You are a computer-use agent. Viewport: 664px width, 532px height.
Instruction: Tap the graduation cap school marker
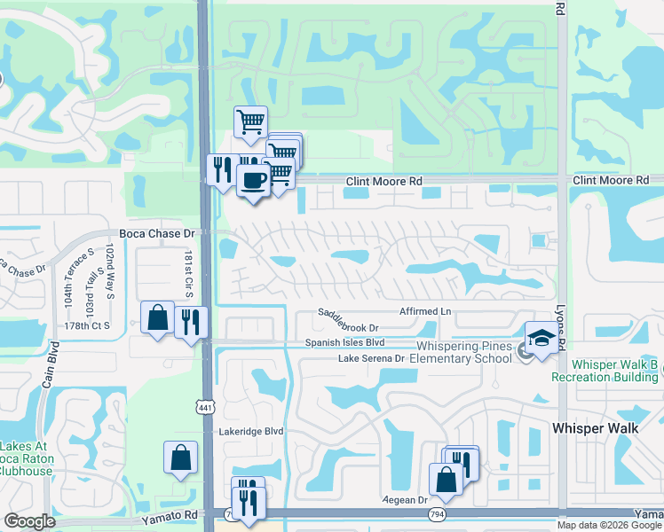pyautogui.click(x=541, y=339)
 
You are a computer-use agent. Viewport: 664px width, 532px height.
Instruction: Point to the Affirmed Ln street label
pyautogui.click(x=425, y=311)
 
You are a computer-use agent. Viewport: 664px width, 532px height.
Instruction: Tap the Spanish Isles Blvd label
pyautogui.click(x=344, y=342)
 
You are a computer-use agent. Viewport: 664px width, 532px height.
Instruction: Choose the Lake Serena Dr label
pyautogui.click(x=371, y=358)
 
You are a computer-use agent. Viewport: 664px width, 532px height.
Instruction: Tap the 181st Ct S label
pyautogui.click(x=188, y=272)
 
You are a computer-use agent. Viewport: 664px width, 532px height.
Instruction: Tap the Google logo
pyautogui.click(x=30, y=521)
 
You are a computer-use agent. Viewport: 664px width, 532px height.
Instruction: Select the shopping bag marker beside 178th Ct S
pyautogui.click(x=157, y=317)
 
